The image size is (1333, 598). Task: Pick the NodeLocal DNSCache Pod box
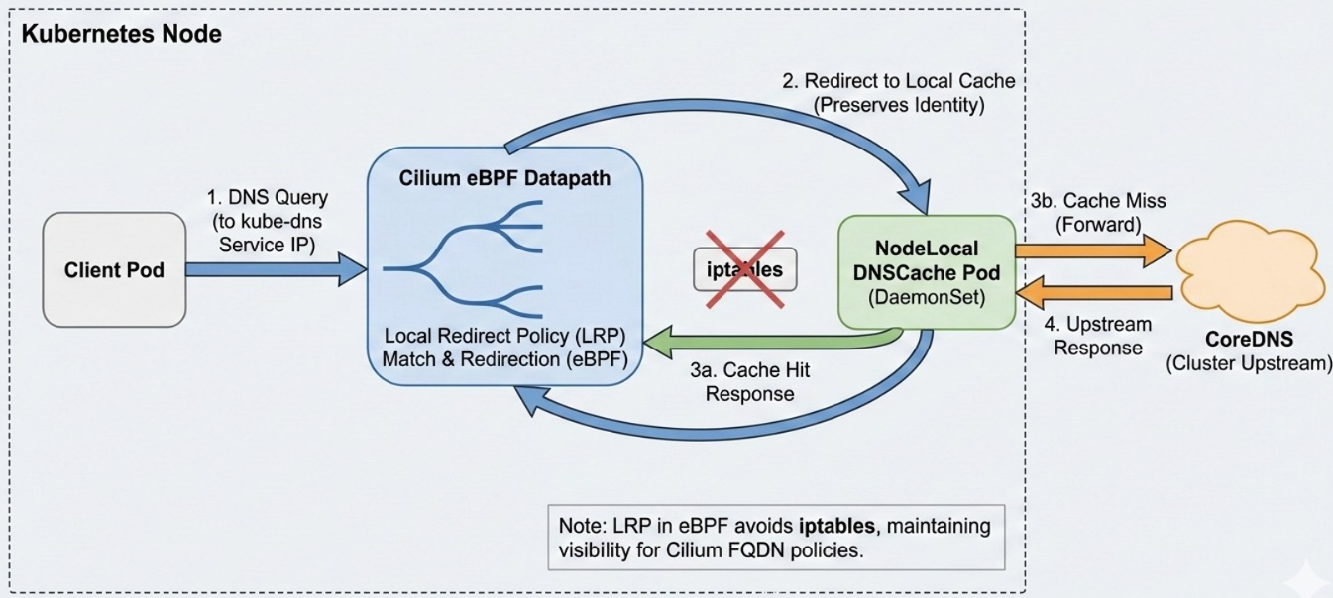point(926,272)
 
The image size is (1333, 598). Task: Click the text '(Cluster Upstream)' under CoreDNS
point(1248,363)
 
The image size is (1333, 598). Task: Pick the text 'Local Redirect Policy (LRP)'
point(505,336)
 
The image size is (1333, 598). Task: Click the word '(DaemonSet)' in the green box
point(926,295)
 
